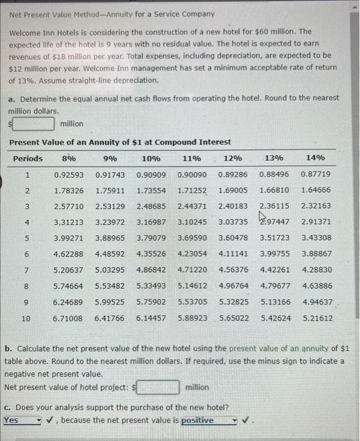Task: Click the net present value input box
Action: pyautogui.click(x=160, y=387)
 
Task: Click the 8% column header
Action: pyautogui.click(x=68, y=158)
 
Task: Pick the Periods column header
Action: pyautogui.click(x=28, y=158)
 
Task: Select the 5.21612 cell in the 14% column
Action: pyautogui.click(x=316, y=318)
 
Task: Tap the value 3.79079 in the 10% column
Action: pyautogui.click(x=151, y=238)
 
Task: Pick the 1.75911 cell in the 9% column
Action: pyautogui.click(x=110, y=190)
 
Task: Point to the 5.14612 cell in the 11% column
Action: pyautogui.click(x=192, y=286)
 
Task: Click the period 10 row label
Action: pyautogui.click(x=26, y=318)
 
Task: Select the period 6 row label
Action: pyautogui.click(x=26, y=254)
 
